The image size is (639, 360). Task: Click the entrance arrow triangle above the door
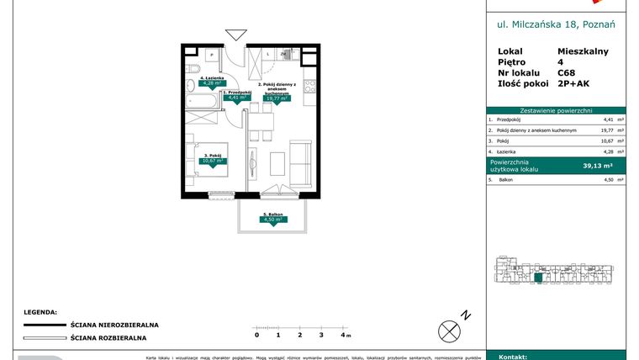pos(236,34)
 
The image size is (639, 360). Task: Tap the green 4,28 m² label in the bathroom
pos(209,83)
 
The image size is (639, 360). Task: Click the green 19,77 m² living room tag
pos(277,98)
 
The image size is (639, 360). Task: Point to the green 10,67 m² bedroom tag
pos(213,161)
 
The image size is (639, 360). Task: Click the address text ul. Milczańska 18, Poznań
pos(556,25)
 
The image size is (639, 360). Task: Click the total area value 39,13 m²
pos(598,166)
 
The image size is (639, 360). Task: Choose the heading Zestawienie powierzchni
pos(556,110)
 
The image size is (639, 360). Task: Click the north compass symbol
pos(452,328)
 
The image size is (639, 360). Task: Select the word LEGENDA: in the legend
pos(40,310)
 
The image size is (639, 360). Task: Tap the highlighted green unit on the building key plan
pos(538,278)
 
